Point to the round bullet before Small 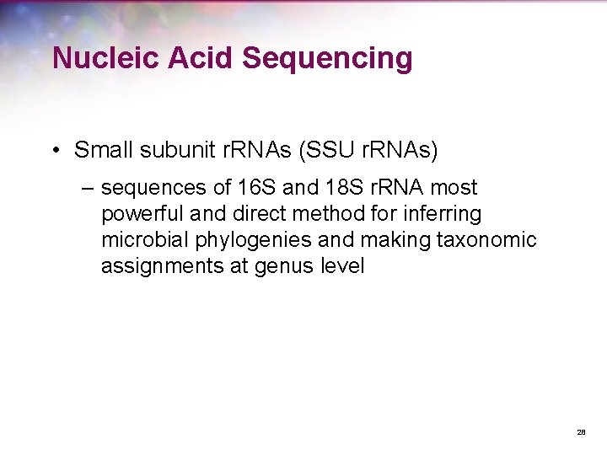click(x=55, y=152)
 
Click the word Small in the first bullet click(x=103, y=151)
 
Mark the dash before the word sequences click(x=87, y=188)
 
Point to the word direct click(x=254, y=214)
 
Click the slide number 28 click(x=581, y=432)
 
